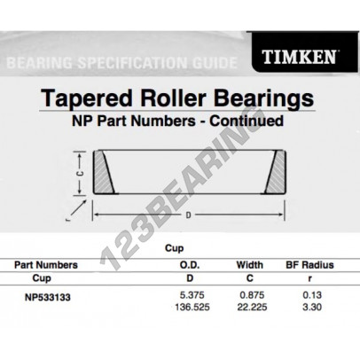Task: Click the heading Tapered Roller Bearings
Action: [180, 97]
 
